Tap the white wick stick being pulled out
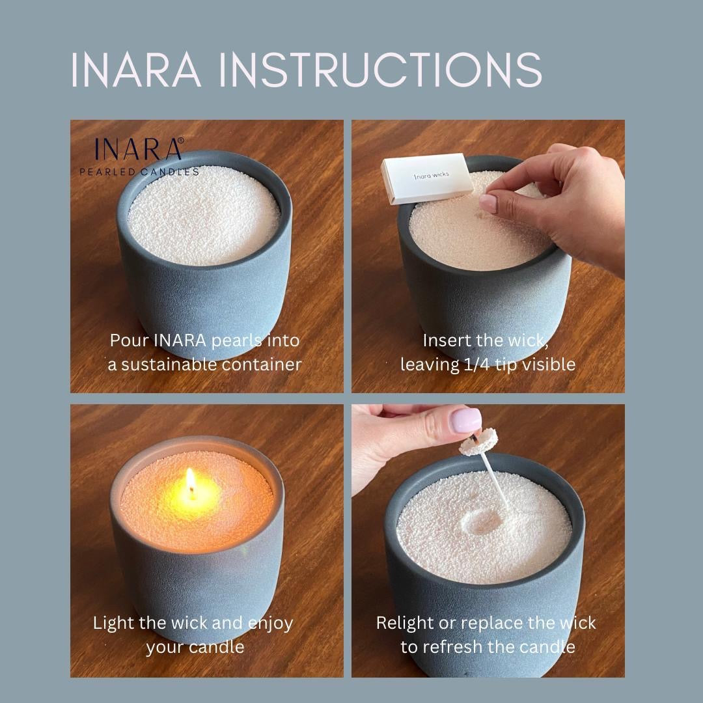tap(487, 484)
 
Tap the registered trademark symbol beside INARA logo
tap(181, 140)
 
